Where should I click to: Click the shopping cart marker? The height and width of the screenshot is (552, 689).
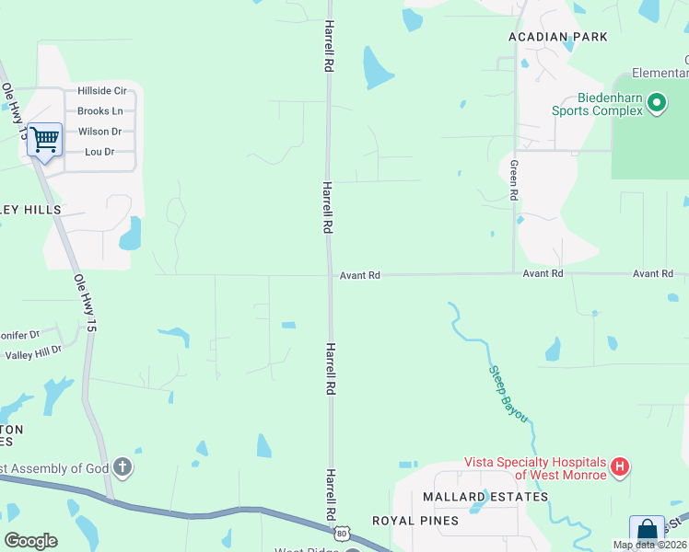click(44, 141)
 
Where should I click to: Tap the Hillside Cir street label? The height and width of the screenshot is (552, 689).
click(101, 91)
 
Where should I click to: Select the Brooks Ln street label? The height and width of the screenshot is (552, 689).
click(99, 111)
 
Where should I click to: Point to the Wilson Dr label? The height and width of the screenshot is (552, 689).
click(99, 132)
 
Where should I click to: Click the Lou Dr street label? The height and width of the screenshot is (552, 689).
click(99, 152)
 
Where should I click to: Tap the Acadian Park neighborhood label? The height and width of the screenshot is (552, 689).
click(558, 37)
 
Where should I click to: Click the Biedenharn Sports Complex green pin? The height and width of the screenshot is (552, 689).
click(657, 102)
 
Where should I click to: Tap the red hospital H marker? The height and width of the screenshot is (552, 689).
click(620, 467)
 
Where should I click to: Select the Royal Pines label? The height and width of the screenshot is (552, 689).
click(415, 521)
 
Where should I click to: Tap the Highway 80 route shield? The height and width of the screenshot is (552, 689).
click(343, 533)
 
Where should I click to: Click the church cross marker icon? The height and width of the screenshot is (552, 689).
click(123, 468)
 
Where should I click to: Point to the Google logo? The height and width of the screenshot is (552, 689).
click(30, 541)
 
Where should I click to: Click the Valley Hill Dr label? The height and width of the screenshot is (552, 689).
click(32, 352)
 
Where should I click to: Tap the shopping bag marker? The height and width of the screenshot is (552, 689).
click(647, 532)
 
